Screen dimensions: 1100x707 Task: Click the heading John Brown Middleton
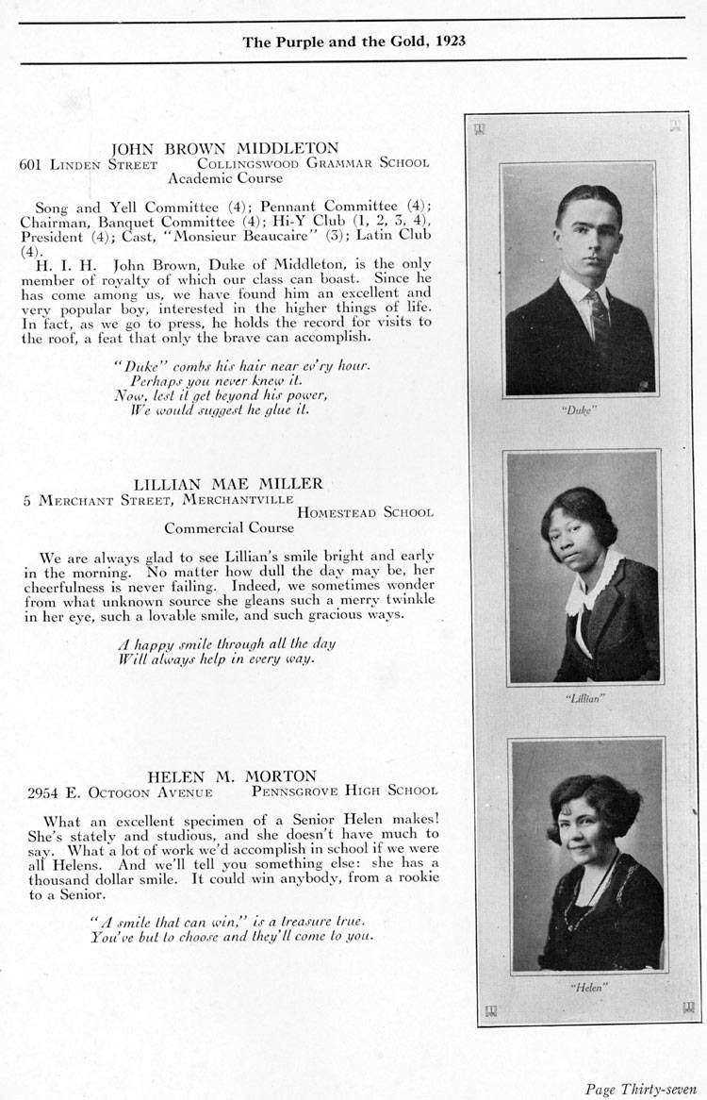point(224,148)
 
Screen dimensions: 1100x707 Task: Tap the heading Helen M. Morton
point(224,775)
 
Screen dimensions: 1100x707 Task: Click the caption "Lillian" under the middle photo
point(585,699)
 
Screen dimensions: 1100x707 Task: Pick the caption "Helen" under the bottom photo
point(587,987)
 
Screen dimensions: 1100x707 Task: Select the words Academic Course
point(224,176)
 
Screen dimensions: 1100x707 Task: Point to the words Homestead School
point(366,512)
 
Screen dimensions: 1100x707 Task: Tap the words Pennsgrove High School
point(344,791)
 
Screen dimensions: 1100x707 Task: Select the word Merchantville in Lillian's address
point(238,498)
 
